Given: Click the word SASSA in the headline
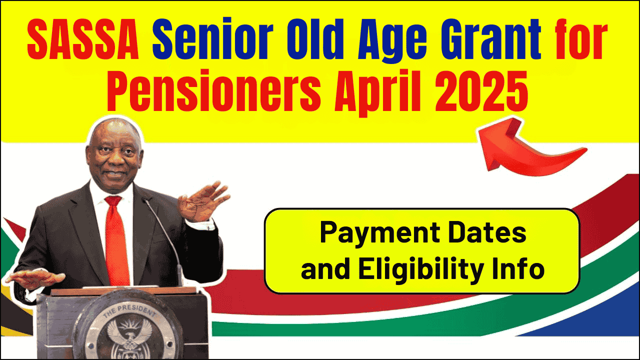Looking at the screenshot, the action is pyautogui.click(x=83, y=39).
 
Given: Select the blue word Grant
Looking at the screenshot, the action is pyautogui.click(x=491, y=39).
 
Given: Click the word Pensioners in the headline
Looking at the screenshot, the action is pyautogui.click(x=213, y=91).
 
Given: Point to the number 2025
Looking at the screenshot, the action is pyautogui.click(x=481, y=91).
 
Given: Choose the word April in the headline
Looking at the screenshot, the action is pyautogui.click(x=377, y=92).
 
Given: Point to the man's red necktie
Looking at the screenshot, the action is pyautogui.click(x=116, y=240).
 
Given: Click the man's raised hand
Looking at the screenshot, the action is pyautogui.click(x=203, y=201).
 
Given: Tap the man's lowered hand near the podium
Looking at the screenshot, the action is pyautogui.click(x=35, y=278).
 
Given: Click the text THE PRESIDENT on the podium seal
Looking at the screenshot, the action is pyautogui.click(x=129, y=311).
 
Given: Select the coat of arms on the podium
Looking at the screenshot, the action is pyautogui.click(x=130, y=339).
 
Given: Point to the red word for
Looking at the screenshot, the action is pyautogui.click(x=581, y=39).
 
